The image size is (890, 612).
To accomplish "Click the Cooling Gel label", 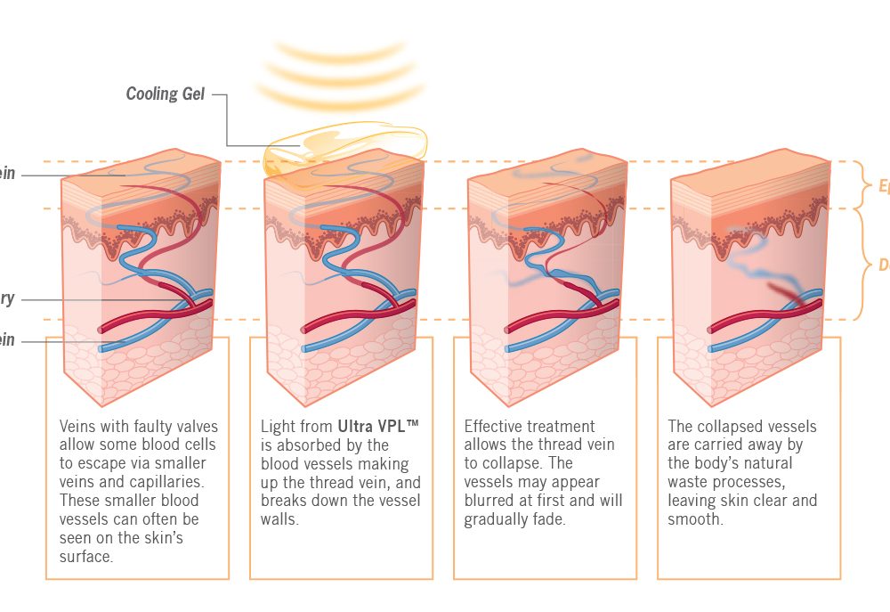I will (166, 94).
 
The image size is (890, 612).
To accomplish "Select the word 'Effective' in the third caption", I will (496, 427).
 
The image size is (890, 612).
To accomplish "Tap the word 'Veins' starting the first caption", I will (78, 427).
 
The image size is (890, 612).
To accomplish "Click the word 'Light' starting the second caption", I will (279, 427).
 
